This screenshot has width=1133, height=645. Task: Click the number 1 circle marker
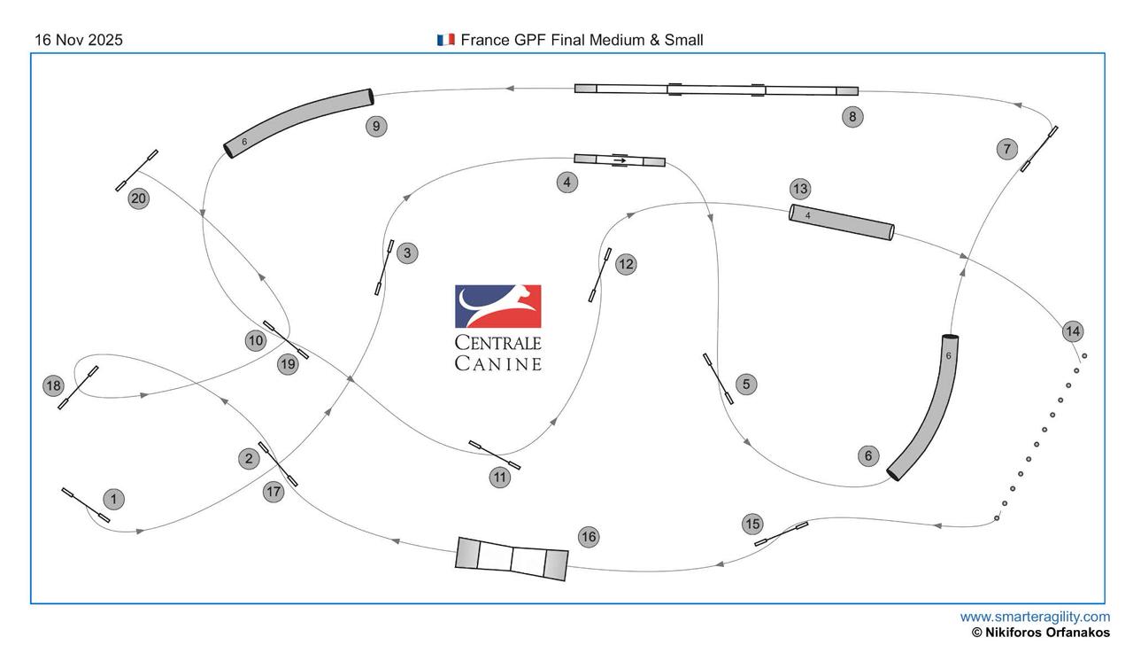[113, 500]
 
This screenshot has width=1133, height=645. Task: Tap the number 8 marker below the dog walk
[852, 116]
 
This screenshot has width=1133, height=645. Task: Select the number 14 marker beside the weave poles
[1073, 331]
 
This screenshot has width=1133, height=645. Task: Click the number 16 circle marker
[589, 536]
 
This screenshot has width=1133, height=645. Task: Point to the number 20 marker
[138, 198]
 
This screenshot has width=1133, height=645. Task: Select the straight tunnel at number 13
[842, 221]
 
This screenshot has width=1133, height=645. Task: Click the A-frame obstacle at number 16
[512, 558]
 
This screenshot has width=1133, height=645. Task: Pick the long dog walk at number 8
[716, 89]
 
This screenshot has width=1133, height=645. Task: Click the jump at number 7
[1039, 149]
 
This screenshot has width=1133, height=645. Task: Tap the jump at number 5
[718, 379]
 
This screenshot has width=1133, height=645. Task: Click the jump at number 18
[78, 387]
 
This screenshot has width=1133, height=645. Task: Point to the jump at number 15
[781, 533]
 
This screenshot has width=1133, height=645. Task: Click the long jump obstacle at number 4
[619, 159]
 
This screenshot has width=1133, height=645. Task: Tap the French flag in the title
[445, 40]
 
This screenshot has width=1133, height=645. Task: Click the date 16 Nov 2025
[79, 40]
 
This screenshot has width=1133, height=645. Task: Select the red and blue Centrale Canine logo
[497, 307]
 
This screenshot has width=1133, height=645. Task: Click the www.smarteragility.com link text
[1034, 617]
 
